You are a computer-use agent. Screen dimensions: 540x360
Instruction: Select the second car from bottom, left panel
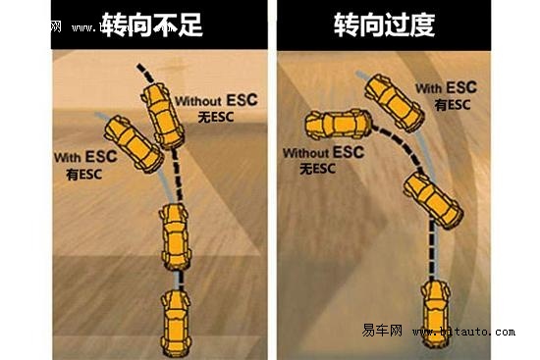174,234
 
